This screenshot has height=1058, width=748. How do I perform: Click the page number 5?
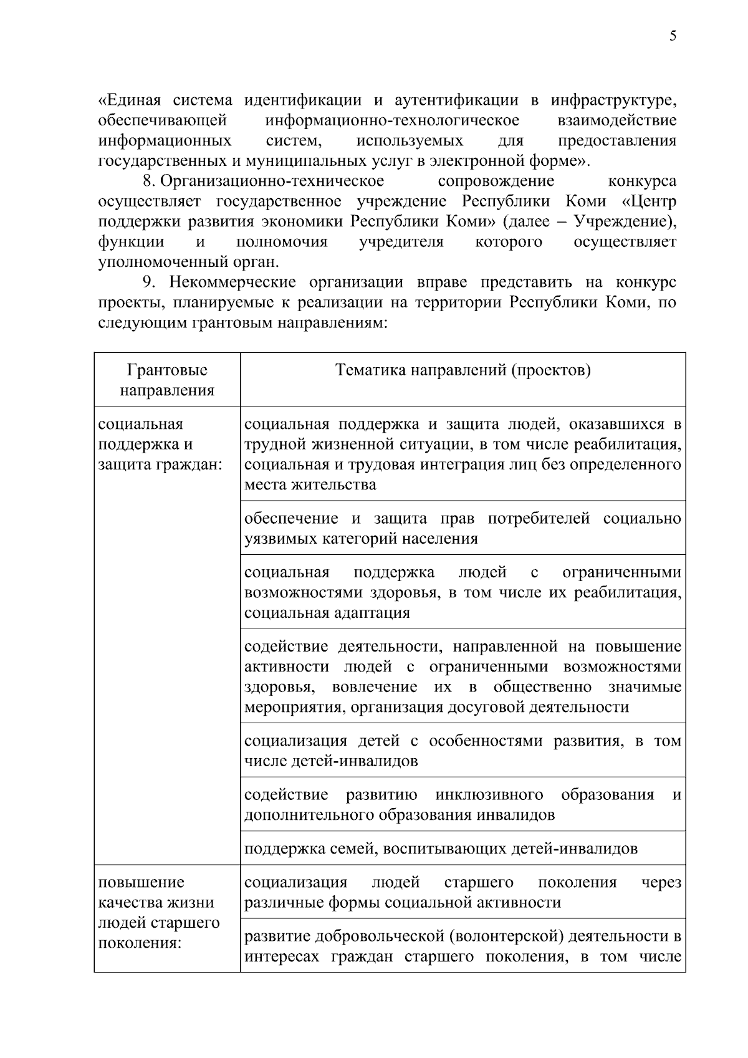tap(673, 36)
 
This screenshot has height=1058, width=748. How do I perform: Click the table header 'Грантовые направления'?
tap(167, 380)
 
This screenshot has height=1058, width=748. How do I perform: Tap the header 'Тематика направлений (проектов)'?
tap(463, 370)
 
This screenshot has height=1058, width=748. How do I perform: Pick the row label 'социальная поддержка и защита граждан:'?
tap(160, 445)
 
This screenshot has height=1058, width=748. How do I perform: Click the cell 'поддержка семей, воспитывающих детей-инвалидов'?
tap(441, 849)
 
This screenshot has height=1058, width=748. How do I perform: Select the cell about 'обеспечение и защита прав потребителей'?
tap(463, 528)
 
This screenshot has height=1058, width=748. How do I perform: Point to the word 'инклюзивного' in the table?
tap(489, 795)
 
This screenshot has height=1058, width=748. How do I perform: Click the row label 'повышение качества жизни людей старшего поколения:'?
tap(160, 912)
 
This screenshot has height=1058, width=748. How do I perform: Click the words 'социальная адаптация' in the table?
tap(327, 612)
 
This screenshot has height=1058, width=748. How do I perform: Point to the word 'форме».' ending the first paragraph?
tap(561, 161)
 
